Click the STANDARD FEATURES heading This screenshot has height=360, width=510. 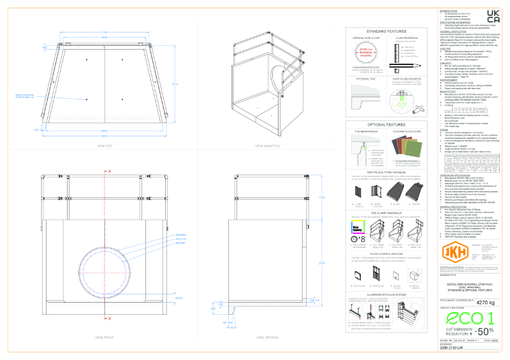point(384,31)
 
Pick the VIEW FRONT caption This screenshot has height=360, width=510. point(105,336)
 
